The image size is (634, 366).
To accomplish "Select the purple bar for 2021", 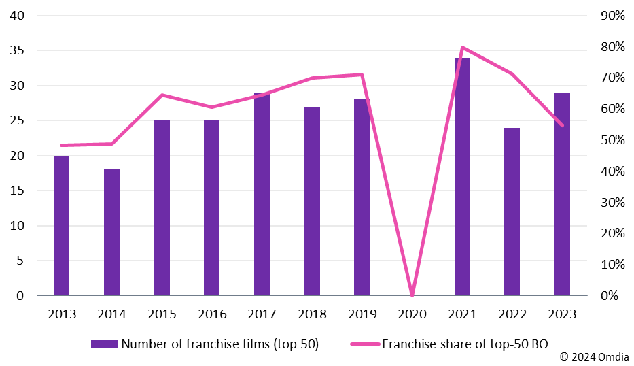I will [x=462, y=177].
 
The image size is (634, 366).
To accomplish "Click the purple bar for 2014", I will [x=111, y=233].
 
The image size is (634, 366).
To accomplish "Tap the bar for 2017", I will [x=262, y=195].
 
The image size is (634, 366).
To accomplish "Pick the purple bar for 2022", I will [x=512, y=212].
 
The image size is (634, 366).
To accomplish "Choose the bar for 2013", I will [x=62, y=226].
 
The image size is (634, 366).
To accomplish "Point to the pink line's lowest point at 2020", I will [x=412, y=295].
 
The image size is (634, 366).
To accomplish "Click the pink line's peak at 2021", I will [x=462, y=48].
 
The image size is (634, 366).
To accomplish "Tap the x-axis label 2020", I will [x=412, y=314].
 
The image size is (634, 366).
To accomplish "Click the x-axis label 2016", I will [x=212, y=314].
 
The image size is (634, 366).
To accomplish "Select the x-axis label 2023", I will [x=562, y=314].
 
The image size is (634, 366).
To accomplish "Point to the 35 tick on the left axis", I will [x=18, y=50].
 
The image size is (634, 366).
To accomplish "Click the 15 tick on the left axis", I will [x=18, y=190].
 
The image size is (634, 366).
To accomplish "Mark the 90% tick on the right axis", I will [x=611, y=16].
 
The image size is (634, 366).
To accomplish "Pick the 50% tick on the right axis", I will [x=611, y=140].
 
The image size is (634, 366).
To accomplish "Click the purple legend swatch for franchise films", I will [x=105, y=344].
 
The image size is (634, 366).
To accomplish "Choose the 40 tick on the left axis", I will [x=18, y=16].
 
